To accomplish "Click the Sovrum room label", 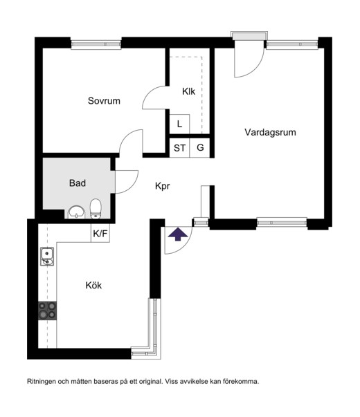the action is (x=104, y=101).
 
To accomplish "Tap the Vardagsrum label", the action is (x=270, y=132).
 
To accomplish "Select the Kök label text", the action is (x=93, y=286).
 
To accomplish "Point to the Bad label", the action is (x=78, y=183).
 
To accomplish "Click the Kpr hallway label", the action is (x=163, y=186).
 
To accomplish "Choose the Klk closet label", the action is (x=188, y=91).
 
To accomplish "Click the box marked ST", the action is (x=179, y=148).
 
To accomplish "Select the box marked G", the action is (x=200, y=148).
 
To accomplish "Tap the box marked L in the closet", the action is (x=179, y=124).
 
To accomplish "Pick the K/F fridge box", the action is (x=100, y=233).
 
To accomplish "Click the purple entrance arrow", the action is (x=178, y=234).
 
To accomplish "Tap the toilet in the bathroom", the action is (x=96, y=209).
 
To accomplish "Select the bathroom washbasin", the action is (x=77, y=212).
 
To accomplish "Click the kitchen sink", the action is (x=47, y=257).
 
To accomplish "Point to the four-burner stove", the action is (x=47, y=311).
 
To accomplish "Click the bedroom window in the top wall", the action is (x=96, y=44).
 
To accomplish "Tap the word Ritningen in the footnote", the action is (x=42, y=382).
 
